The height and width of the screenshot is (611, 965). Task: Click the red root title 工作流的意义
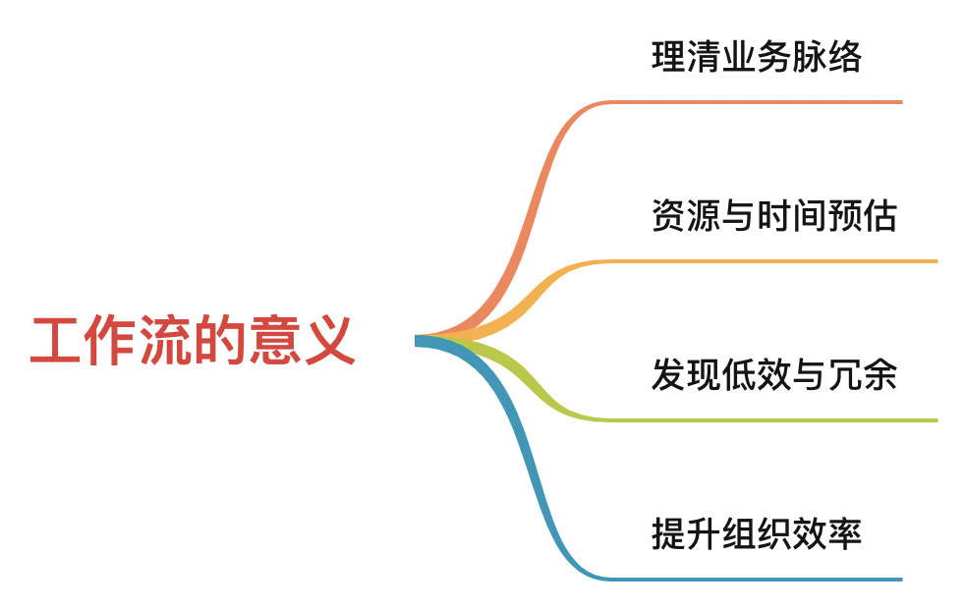[x=193, y=341]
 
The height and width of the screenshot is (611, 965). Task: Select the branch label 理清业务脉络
[x=756, y=57]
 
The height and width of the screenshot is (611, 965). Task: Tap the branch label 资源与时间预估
[x=773, y=216]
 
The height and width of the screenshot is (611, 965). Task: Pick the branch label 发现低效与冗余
[x=773, y=375]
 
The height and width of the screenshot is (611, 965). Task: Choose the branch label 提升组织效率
[x=756, y=534]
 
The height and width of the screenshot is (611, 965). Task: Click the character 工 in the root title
[x=51, y=341]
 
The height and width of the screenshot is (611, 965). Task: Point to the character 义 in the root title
[x=332, y=341]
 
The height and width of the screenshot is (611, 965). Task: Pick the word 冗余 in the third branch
[x=862, y=375]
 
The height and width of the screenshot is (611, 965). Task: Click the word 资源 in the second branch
[x=685, y=216]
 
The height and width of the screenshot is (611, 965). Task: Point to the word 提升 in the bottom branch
[x=685, y=534]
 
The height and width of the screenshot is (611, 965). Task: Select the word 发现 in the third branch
[x=685, y=375]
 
